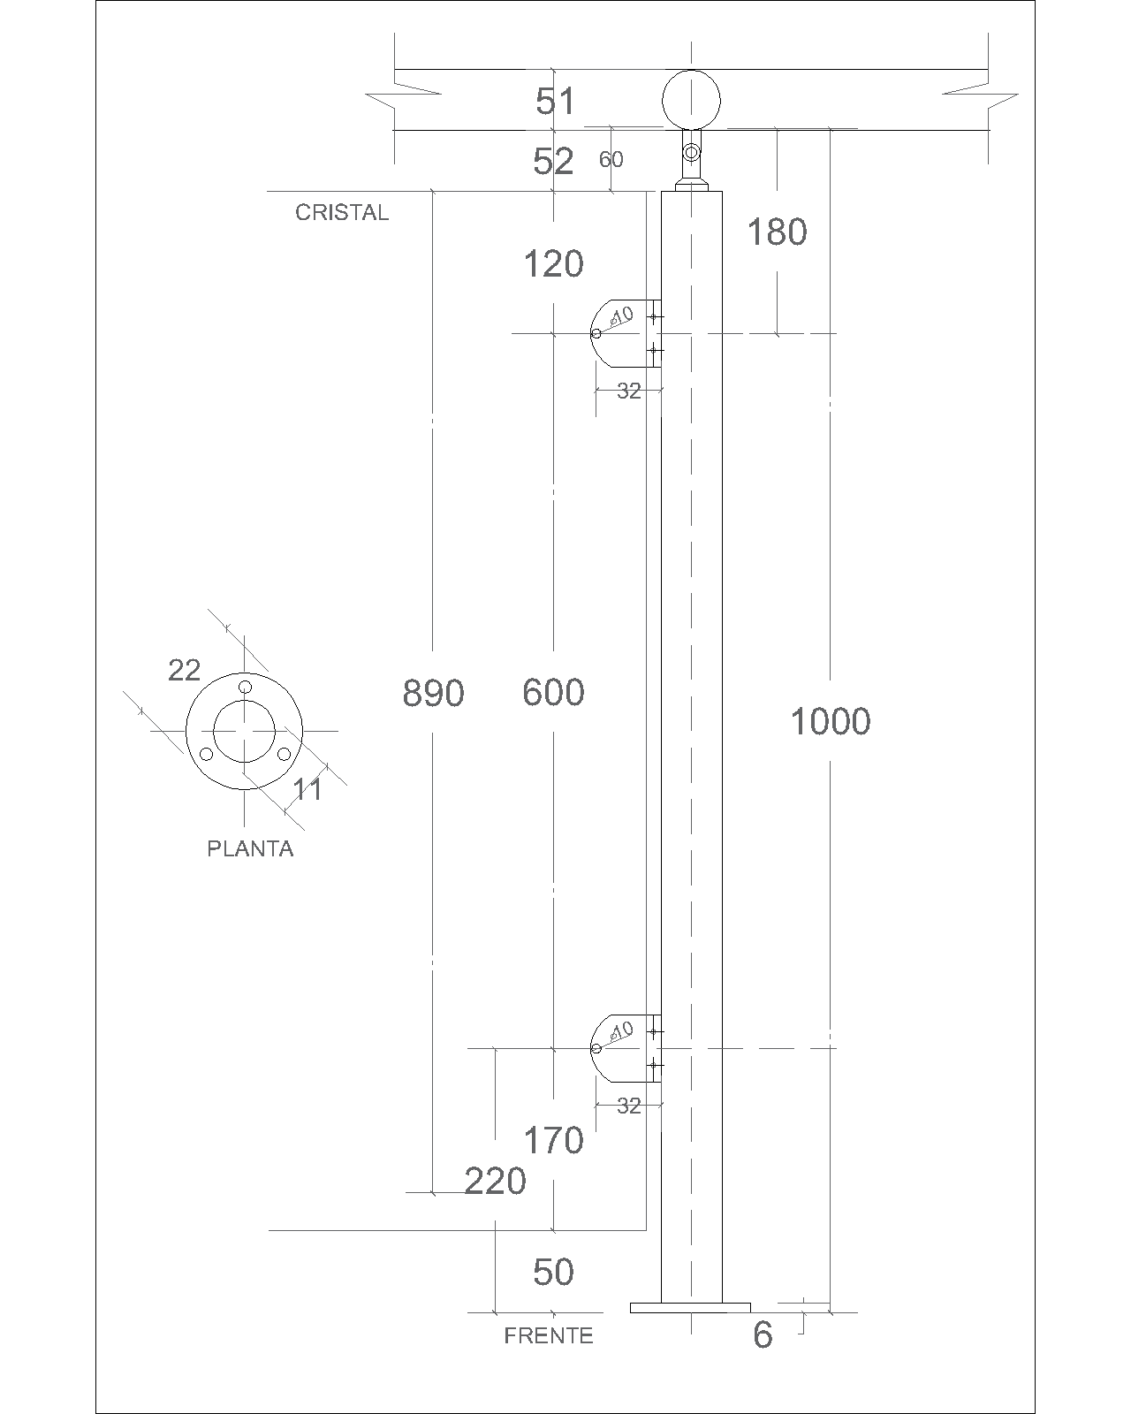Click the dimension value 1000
pyautogui.click(x=830, y=721)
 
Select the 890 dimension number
pyautogui.click(x=433, y=693)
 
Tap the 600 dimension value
pyautogui.click(x=553, y=693)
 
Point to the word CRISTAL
pyautogui.click(x=342, y=212)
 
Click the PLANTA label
pyautogui.click(x=250, y=849)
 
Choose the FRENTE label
pyautogui.click(x=549, y=1336)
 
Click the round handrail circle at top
pyautogui.click(x=691, y=100)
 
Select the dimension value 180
pyautogui.click(x=777, y=232)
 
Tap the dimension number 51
pyautogui.click(x=555, y=101)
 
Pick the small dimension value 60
pyautogui.click(x=611, y=159)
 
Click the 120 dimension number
pyautogui.click(x=553, y=264)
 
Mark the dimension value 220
pyautogui.click(x=495, y=1181)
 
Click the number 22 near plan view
pyautogui.click(x=184, y=670)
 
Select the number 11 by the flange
pyautogui.click(x=307, y=790)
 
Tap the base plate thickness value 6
pyautogui.click(x=763, y=1335)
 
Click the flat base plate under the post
pyautogui.click(x=690, y=1308)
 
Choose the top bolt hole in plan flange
pyautogui.click(x=245, y=688)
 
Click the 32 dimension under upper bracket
pyautogui.click(x=629, y=391)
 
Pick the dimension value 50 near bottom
pyautogui.click(x=553, y=1272)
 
